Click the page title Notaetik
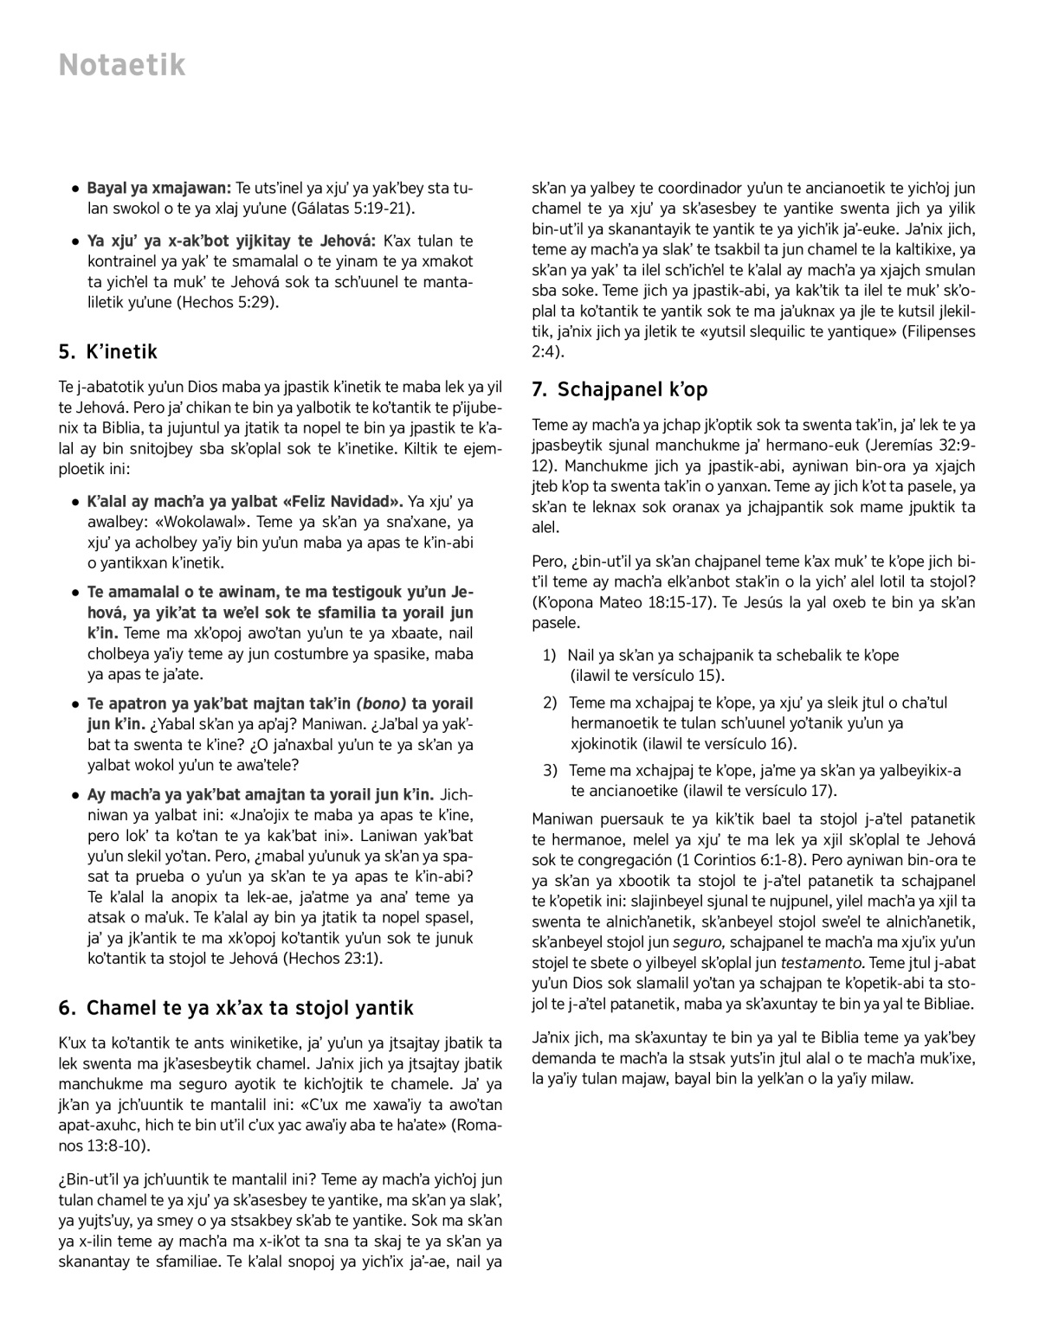point(122,65)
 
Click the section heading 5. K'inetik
point(107,351)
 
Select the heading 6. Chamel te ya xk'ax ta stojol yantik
point(236,1007)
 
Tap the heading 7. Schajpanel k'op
point(619,389)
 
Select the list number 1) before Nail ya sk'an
point(550,655)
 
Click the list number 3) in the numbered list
point(550,770)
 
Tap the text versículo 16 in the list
point(753,743)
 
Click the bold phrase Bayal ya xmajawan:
point(158,188)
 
